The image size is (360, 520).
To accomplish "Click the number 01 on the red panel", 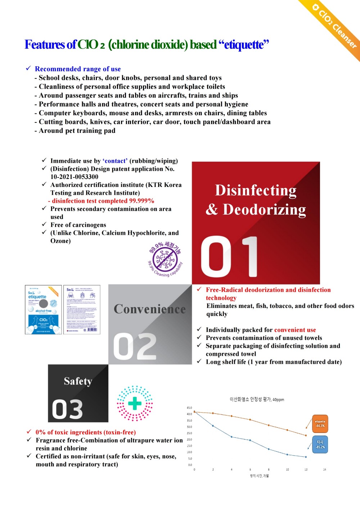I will point(229,257).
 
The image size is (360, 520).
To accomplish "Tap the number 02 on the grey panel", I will point(135,346).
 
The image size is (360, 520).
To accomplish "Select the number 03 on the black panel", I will point(67,409).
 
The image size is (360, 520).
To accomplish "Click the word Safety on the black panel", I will point(78,381).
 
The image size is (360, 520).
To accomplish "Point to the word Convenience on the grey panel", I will point(150,309).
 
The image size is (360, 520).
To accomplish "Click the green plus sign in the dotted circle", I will point(135,403).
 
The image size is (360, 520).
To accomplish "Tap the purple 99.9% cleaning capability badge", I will point(165,259).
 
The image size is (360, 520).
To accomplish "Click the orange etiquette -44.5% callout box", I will point(320,423).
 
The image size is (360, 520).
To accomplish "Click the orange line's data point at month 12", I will point(306,435).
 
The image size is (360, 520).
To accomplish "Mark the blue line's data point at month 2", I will point(213,426).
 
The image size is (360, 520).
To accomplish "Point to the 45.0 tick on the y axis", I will point(189,408).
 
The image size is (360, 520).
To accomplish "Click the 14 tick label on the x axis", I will point(324,470).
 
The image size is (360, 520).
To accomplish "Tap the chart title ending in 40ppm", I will point(257,399).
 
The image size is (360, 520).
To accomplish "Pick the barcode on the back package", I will point(92,330).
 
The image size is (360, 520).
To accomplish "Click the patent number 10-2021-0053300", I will point(74,177).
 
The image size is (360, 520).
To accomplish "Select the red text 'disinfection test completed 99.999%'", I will point(103,201).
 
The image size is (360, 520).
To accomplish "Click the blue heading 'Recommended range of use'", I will point(78,69).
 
